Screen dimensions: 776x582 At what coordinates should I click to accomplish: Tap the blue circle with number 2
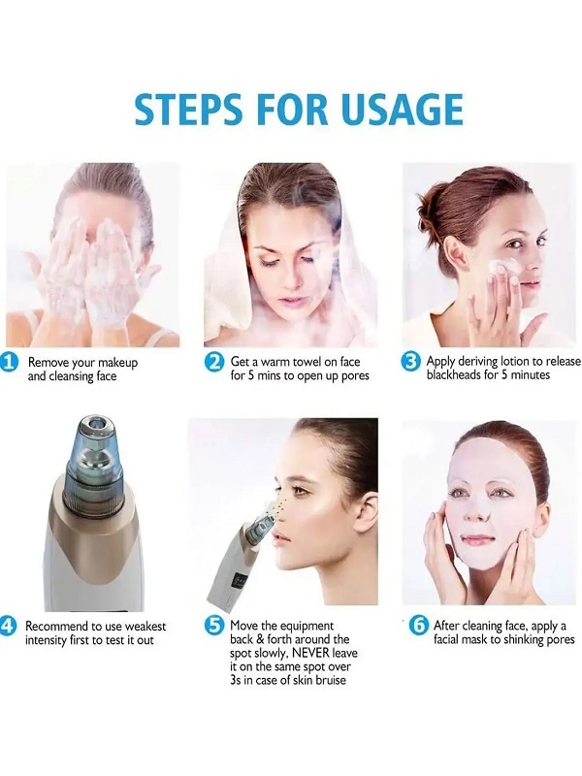tap(215, 362)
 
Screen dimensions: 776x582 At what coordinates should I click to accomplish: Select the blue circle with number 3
tap(410, 361)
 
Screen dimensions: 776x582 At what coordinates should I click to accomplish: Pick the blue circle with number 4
tap(9, 626)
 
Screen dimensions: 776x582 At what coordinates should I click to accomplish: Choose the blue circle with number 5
tap(215, 626)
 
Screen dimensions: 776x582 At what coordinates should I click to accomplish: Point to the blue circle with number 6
tap(419, 626)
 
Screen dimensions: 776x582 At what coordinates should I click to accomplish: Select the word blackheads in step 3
tap(457, 375)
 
